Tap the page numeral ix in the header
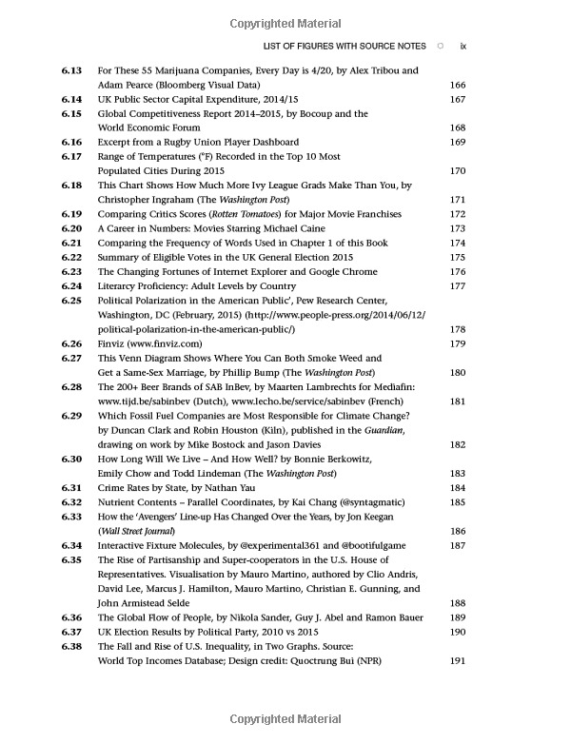pyautogui.click(x=463, y=45)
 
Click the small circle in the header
pyautogui.click(x=439, y=45)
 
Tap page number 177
pyautogui.click(x=456, y=285)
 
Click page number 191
pyautogui.click(x=456, y=660)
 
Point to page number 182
pyautogui.click(x=456, y=444)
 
